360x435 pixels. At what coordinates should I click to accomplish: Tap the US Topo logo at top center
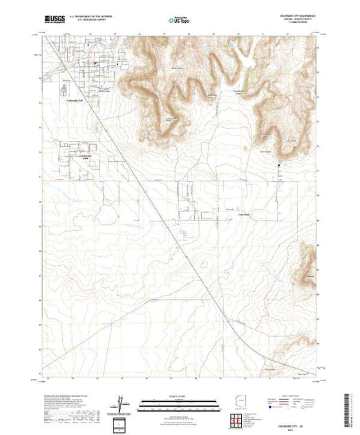(x=179, y=20)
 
